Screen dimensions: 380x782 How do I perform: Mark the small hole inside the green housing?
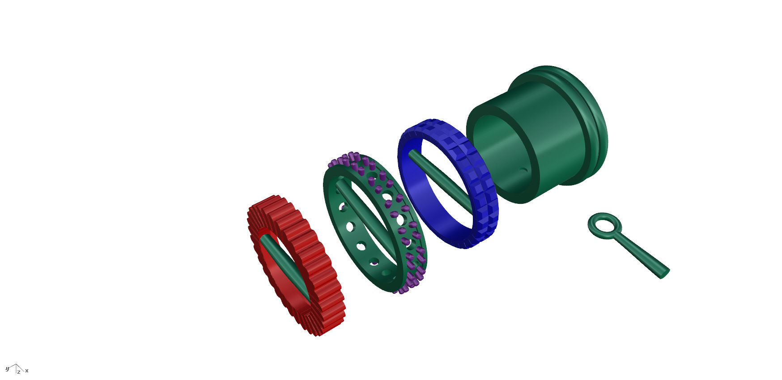click(524, 171)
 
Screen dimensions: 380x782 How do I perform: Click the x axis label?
click(27, 371)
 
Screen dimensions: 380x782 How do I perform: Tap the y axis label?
click(7, 369)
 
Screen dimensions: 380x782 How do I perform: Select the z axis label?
click(19, 372)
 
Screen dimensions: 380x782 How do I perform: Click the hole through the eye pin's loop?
click(604, 222)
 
